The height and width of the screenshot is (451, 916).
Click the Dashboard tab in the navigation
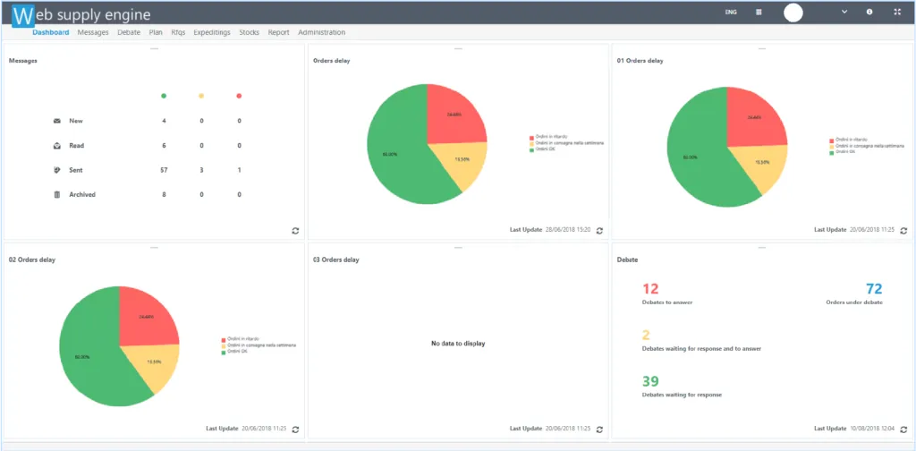pyautogui.click(x=51, y=32)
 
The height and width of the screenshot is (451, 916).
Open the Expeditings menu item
pyautogui.click(x=212, y=32)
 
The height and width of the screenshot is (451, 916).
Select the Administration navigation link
pyautogui.click(x=321, y=32)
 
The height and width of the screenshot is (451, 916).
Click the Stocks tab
pyautogui.click(x=250, y=32)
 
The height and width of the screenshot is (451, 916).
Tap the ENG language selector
pyautogui.click(x=731, y=13)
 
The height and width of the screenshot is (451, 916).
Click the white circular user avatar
pyautogui.click(x=793, y=13)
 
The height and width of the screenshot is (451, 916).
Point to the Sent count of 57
pyautogui.click(x=164, y=170)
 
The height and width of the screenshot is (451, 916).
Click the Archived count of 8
pyautogui.click(x=164, y=194)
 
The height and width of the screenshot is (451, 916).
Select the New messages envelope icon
pyautogui.click(x=57, y=121)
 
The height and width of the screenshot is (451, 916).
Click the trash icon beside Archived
pyautogui.click(x=57, y=194)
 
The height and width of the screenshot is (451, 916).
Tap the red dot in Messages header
pyautogui.click(x=239, y=96)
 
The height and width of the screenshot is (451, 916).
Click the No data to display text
pyautogui.click(x=458, y=344)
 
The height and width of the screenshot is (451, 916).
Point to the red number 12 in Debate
pyautogui.click(x=650, y=289)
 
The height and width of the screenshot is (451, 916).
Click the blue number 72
pyautogui.click(x=874, y=289)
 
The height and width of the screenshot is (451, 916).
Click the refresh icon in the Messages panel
pyautogui.click(x=295, y=230)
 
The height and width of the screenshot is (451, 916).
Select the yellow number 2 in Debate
pyautogui.click(x=646, y=336)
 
